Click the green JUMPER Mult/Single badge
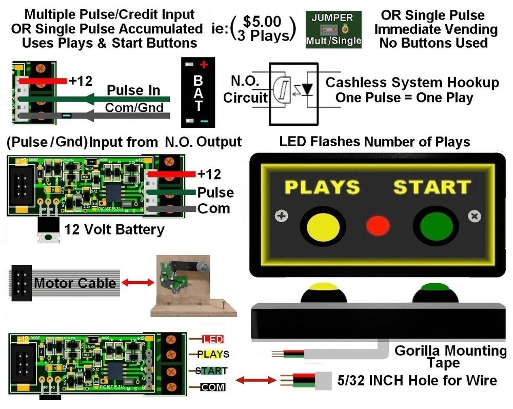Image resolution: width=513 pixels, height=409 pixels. click(x=333, y=29)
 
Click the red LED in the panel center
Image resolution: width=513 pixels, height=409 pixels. click(x=378, y=225)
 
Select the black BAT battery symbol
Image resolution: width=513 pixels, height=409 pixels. click(x=198, y=92)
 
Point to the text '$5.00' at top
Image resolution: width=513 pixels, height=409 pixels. click(x=262, y=22)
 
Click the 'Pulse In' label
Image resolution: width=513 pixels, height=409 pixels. click(x=133, y=90)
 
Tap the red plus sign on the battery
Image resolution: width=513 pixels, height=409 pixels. click(x=204, y=65)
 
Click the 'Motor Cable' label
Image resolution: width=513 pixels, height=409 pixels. click(x=75, y=283)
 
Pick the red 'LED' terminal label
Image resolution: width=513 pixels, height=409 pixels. click(x=213, y=339)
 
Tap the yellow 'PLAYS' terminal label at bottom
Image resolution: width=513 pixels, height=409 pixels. click(x=213, y=355)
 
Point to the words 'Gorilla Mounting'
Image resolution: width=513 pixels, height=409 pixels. click(x=450, y=351)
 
